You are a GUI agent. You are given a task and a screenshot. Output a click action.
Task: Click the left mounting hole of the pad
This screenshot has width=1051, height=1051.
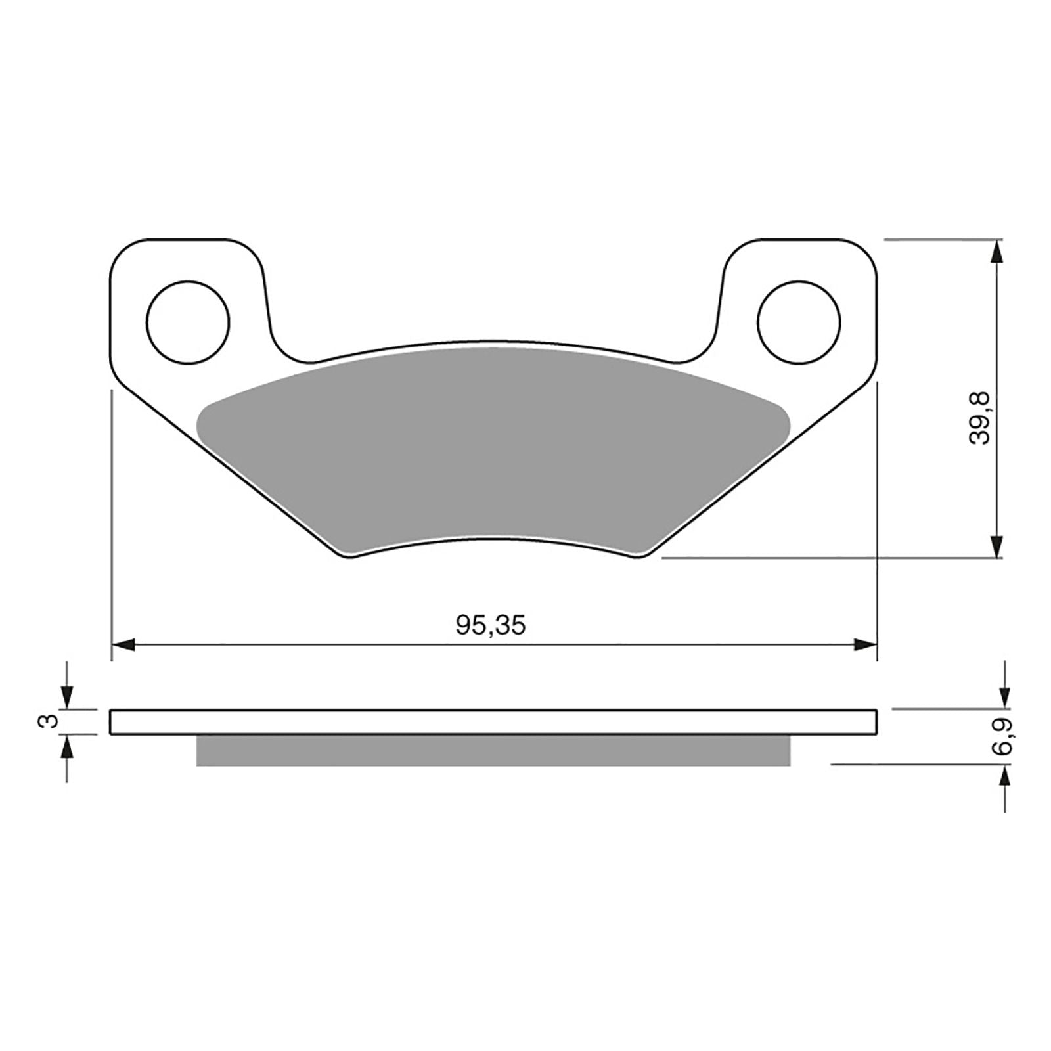coord(188,323)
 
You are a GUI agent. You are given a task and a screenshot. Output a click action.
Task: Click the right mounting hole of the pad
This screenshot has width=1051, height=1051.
coord(799,323)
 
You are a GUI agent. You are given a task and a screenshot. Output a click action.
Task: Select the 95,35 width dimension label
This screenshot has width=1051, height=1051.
coord(491,625)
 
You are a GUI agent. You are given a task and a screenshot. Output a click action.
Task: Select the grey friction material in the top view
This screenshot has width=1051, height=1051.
coord(493,447)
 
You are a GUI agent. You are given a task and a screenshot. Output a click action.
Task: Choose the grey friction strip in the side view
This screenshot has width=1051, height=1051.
coord(493,750)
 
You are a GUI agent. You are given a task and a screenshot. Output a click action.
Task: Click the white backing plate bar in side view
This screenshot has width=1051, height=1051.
coord(493,721)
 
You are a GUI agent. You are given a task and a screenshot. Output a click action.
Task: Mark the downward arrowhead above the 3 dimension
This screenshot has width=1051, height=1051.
coord(67,698)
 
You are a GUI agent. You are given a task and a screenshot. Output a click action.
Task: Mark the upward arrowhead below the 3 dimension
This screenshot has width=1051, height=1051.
coord(67,746)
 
